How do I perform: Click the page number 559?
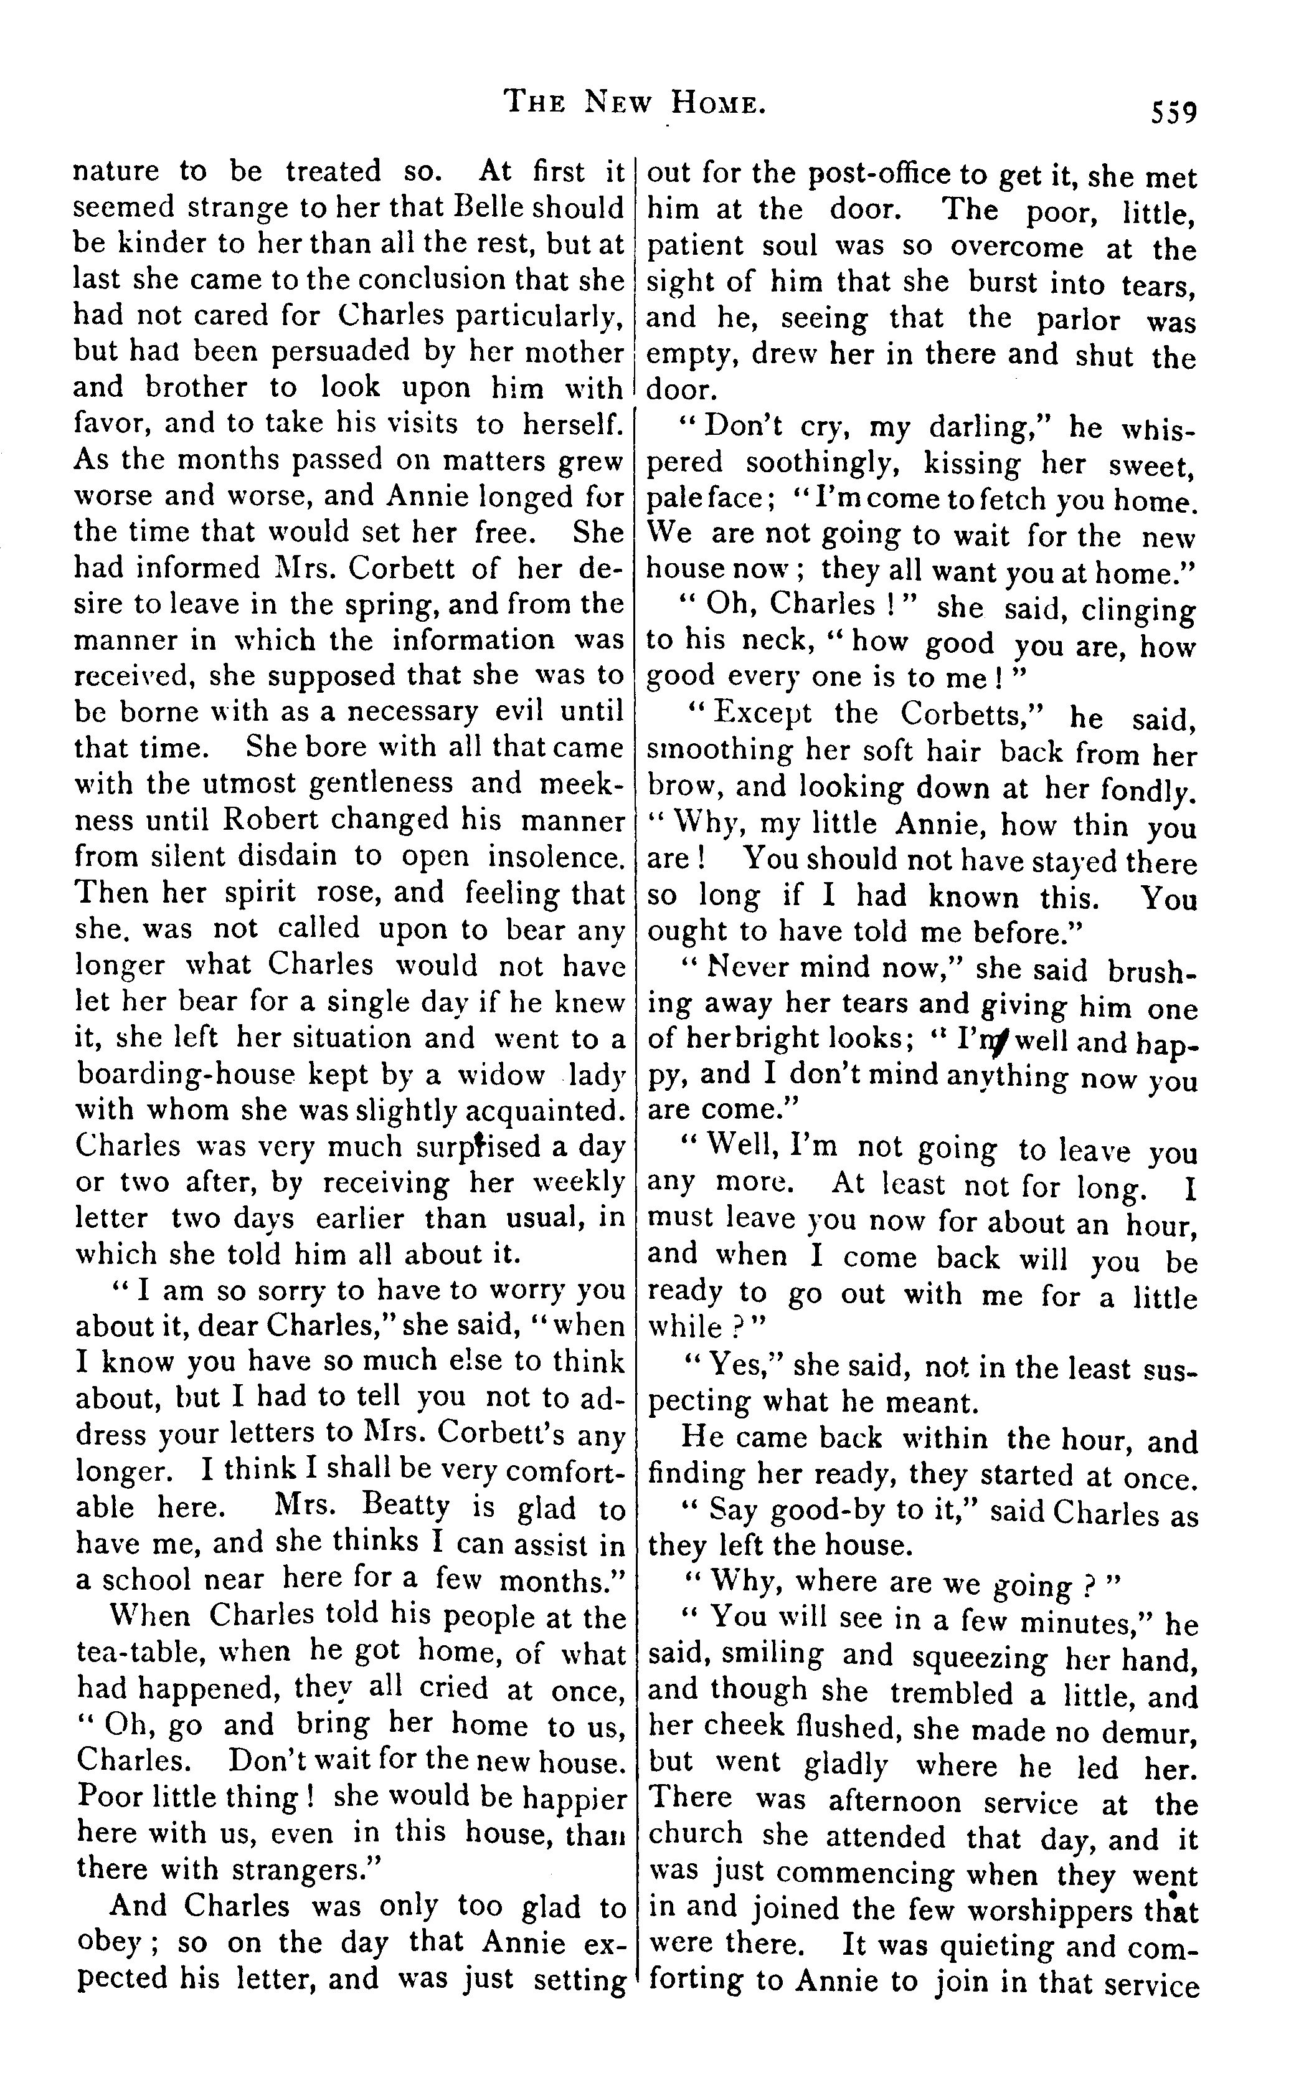(x=1172, y=113)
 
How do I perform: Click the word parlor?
(x=1079, y=320)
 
